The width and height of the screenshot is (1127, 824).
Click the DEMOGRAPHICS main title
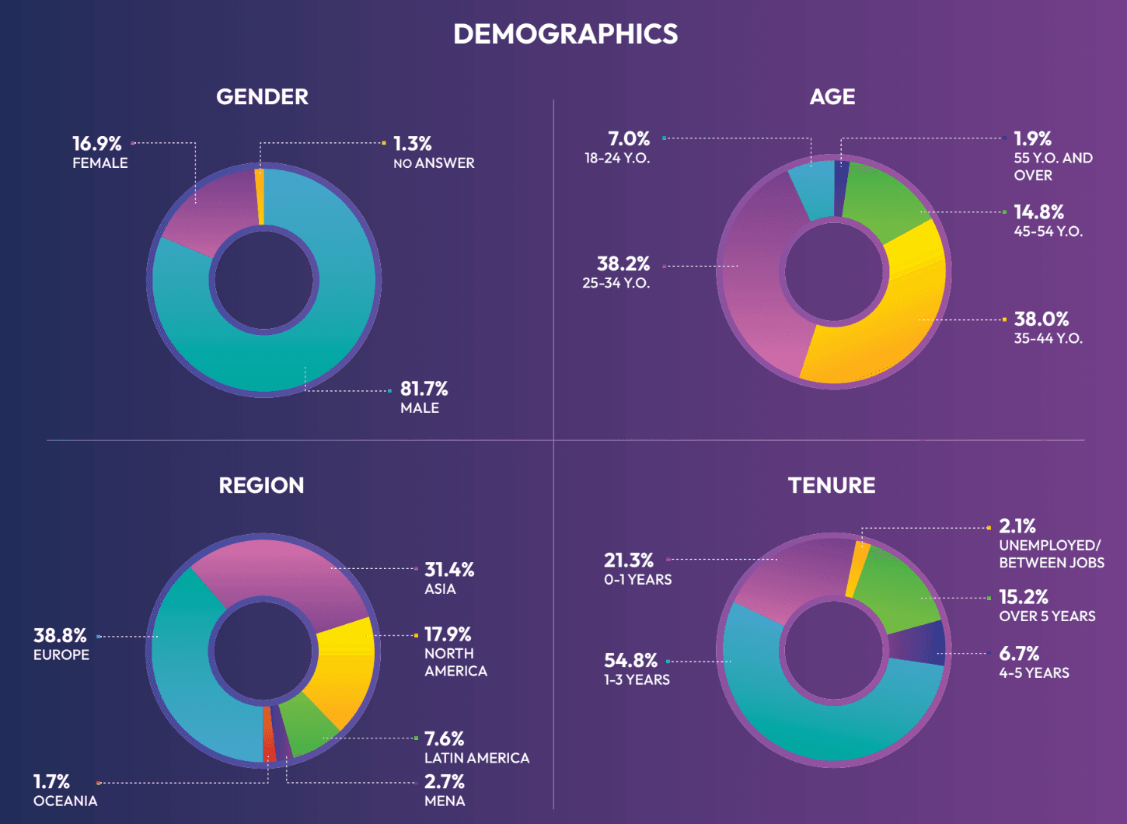[x=565, y=34]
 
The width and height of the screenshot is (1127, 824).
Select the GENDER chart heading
[x=262, y=96]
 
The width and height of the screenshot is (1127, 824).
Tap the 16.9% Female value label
[x=97, y=144]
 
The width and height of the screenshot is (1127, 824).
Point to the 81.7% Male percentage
[x=424, y=389]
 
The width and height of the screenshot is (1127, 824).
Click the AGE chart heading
[x=832, y=96]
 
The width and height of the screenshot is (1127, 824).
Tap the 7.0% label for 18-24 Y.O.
[x=628, y=139]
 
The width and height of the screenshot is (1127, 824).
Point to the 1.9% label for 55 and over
[x=1032, y=139]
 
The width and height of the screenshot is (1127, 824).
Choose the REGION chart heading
[x=261, y=485]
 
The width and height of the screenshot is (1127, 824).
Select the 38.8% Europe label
[x=60, y=636]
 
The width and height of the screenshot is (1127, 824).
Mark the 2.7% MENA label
[x=444, y=782]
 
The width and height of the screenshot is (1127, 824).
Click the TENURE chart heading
[x=831, y=485]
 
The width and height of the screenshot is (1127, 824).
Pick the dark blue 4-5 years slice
[x=921, y=643]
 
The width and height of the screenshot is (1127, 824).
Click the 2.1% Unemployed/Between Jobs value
[x=1017, y=526]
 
